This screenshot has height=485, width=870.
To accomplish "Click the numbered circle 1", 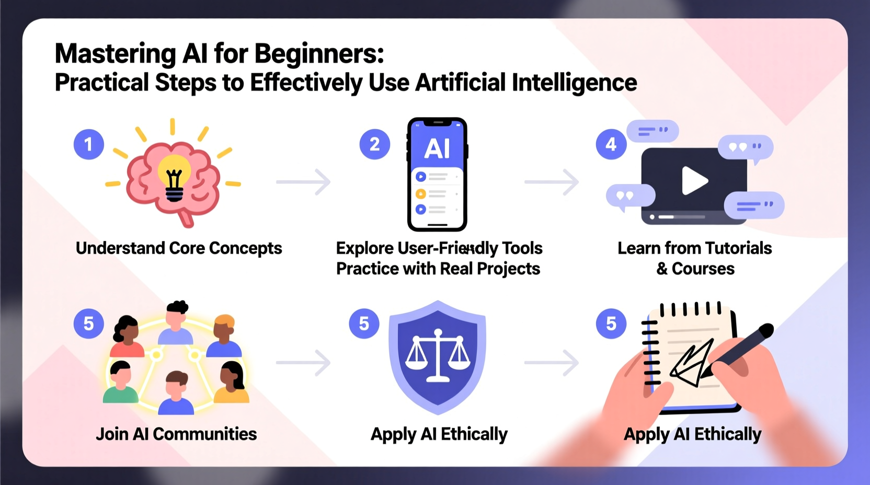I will (x=88, y=144).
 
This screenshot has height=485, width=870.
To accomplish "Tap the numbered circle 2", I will (x=374, y=144).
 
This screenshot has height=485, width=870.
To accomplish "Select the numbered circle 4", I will (x=611, y=144).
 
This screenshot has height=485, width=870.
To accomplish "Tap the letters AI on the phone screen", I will (x=437, y=148).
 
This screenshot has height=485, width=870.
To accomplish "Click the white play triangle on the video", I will (x=694, y=181).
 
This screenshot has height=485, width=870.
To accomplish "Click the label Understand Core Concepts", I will (x=179, y=248).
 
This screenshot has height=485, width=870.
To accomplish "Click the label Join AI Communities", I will (x=176, y=434).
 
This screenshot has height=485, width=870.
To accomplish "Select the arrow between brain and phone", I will (x=304, y=182).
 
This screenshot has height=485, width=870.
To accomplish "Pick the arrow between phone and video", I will (x=552, y=182).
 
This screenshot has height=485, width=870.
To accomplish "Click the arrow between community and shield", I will (x=304, y=362).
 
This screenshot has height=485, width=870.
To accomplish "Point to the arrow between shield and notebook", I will (x=552, y=362).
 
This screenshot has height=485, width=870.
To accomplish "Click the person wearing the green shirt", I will (x=121, y=384).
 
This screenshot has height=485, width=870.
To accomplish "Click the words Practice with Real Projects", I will (x=438, y=269).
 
